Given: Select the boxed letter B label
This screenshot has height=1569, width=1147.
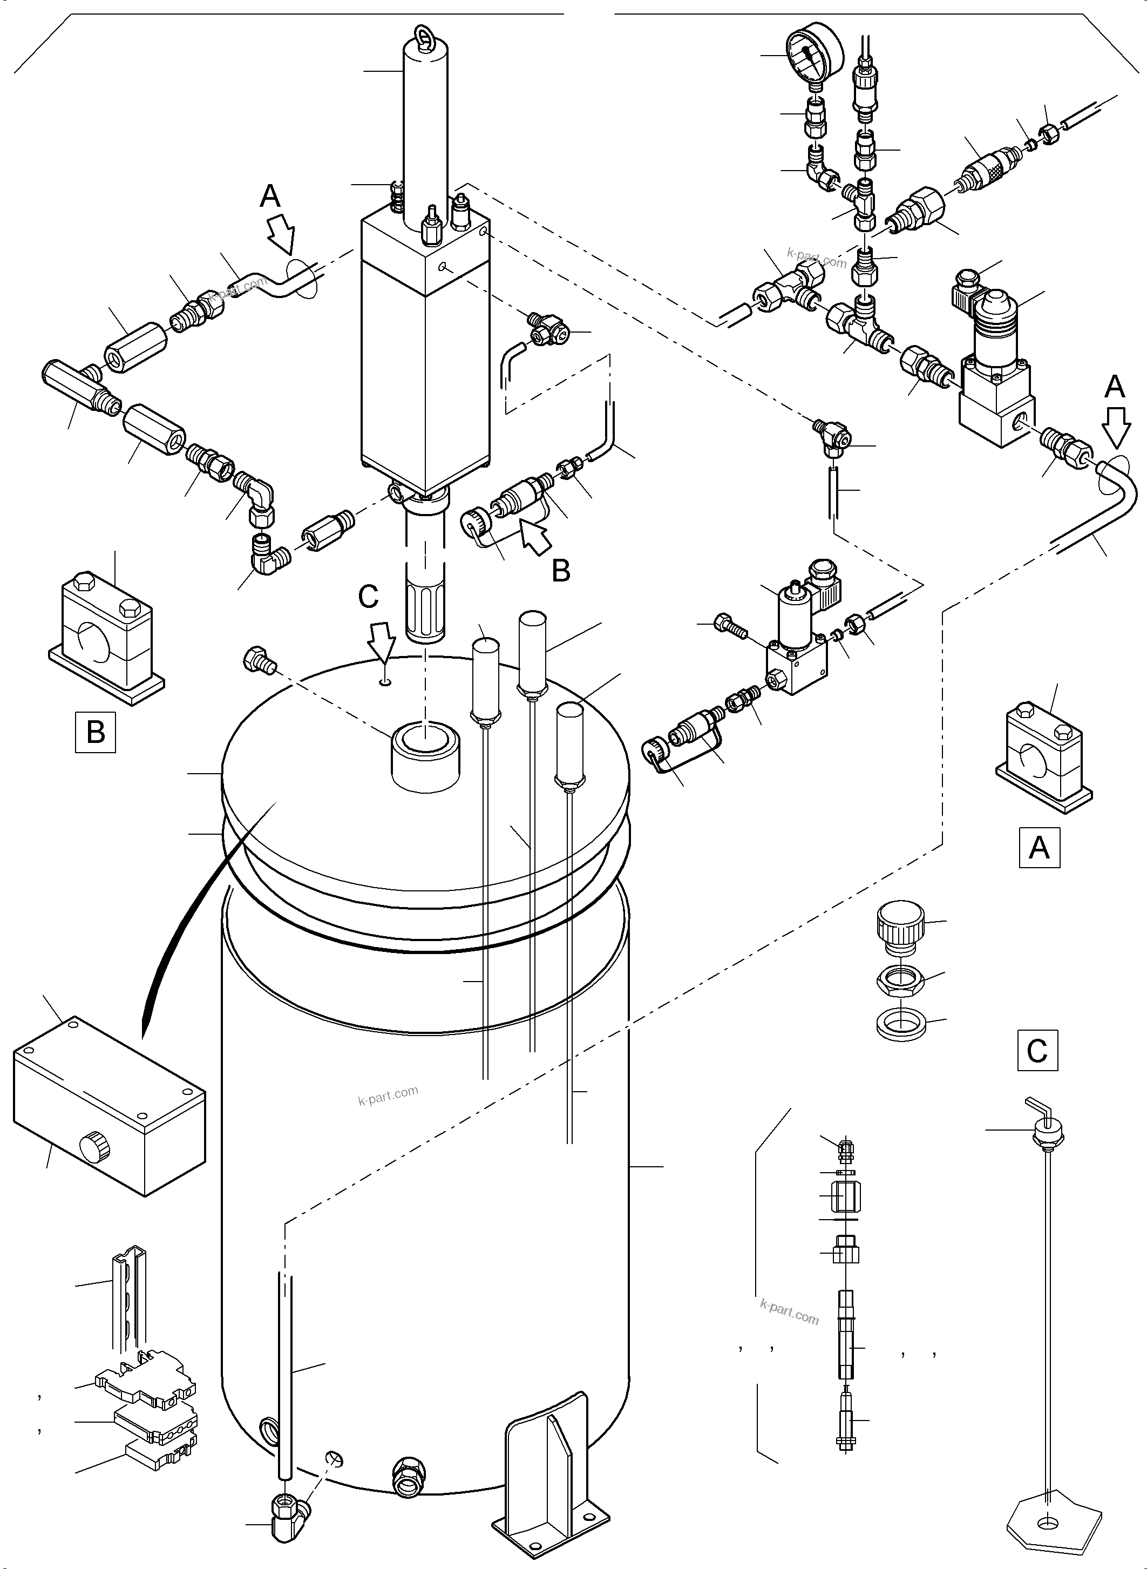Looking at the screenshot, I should point(95,732).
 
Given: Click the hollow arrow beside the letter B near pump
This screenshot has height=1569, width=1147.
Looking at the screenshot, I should point(535,538).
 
